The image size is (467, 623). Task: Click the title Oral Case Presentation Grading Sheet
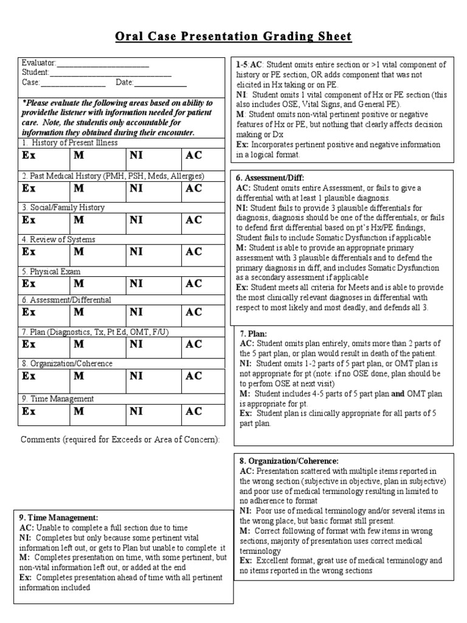tap(233, 37)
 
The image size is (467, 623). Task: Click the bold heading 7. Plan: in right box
tap(250, 335)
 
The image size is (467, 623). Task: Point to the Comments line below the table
tap(120, 440)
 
